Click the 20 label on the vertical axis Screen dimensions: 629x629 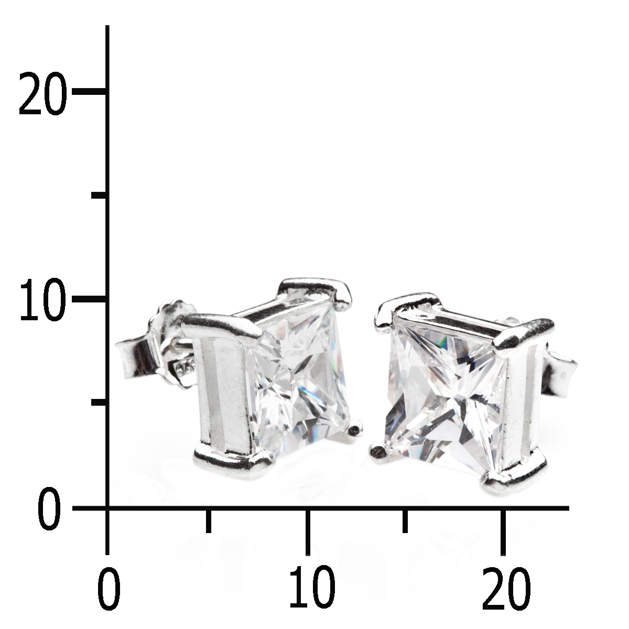tap(43, 93)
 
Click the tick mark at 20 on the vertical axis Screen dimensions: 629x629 tap(90, 91)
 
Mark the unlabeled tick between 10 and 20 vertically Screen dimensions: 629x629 tap(100, 196)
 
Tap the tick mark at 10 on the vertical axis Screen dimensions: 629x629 tap(90, 299)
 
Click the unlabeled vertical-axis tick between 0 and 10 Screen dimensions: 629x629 tap(100, 402)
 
